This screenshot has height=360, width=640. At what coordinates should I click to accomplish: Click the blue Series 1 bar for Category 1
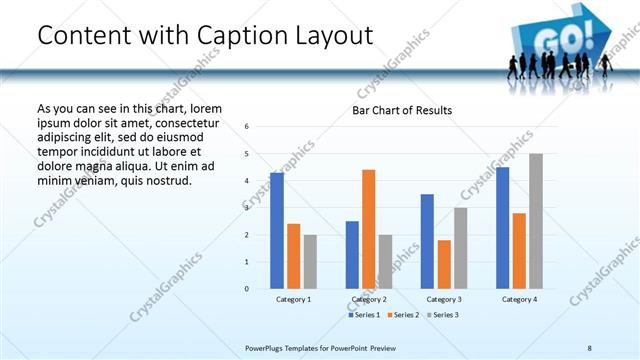point(277,231)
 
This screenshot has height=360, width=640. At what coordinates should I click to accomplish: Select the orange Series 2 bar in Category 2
point(368,229)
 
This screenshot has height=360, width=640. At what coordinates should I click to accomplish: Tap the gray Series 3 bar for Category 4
point(536,221)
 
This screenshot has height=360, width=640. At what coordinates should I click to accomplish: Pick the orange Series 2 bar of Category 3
point(444,264)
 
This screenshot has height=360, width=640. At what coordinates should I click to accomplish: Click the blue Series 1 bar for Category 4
point(502,228)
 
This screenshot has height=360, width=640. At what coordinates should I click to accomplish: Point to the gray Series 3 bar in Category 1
point(310,262)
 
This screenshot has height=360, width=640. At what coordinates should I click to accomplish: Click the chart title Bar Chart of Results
point(402,110)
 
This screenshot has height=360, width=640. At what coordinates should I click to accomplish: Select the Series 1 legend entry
point(363,315)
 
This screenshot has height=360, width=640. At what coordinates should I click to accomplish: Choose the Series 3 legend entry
point(443,315)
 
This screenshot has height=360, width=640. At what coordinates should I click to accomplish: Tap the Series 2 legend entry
point(403,315)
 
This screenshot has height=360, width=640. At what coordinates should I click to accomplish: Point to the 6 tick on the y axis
point(247,127)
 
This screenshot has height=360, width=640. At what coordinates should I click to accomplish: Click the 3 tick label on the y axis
point(247,208)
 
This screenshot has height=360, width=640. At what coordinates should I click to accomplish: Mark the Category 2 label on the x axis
point(369,299)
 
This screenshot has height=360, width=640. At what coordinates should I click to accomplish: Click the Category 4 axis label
point(519,299)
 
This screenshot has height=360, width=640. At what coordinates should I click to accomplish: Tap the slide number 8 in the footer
point(590,347)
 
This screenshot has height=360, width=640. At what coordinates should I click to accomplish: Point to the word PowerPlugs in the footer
point(265,347)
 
